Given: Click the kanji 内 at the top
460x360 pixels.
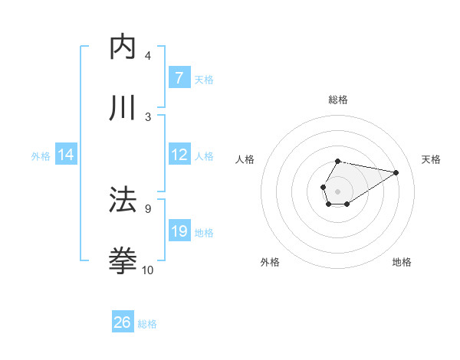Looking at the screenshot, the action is pos(123,47).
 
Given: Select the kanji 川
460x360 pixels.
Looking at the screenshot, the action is pos(123,108).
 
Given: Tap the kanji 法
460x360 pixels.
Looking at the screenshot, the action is pos(123,200).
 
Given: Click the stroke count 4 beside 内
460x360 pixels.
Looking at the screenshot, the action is pos(148,56).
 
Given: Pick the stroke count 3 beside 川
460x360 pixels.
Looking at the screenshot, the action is pos(148,116).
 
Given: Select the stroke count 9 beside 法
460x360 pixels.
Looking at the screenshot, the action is pos(148,208).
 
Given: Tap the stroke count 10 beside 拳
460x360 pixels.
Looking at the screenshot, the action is pos(148,270).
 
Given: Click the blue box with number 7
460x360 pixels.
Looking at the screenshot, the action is pos(179,78).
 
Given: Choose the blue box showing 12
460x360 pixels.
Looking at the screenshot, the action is pos(179,155).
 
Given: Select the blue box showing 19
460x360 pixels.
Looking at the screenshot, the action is pos(179,231).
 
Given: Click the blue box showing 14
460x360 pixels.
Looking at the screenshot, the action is pos(66,155).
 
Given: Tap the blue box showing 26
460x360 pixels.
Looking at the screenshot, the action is pos(123,322).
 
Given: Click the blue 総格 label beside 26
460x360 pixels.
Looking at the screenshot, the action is pos(147,324).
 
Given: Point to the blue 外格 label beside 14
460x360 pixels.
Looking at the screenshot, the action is pos(41,155).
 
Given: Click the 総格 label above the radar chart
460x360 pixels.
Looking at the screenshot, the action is pos(337,100).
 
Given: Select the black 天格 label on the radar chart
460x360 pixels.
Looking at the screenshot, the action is pos(431,159).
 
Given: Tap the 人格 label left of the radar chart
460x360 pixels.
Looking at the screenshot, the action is pos(245,159).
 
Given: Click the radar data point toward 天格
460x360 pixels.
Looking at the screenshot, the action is pos(396,172).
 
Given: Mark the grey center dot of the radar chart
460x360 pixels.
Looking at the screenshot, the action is pos(337,191).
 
